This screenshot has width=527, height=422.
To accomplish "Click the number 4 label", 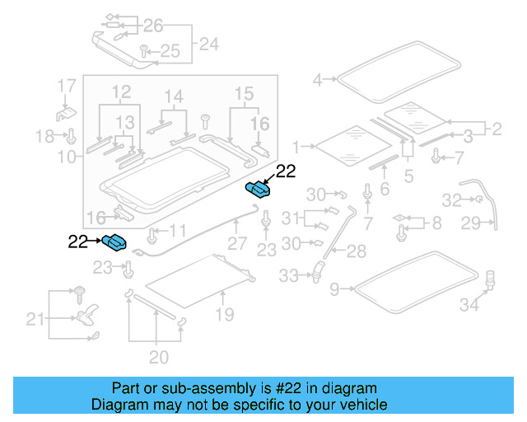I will tap(318, 79).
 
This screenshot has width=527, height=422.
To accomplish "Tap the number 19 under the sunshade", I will tap(224, 314).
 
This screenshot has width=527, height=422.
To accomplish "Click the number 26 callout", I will tap(154, 25).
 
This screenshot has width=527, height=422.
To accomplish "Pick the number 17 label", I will tap(66, 85).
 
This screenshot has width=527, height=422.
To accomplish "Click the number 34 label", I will tap(469, 306).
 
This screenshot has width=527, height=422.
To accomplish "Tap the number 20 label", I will tap(158, 357).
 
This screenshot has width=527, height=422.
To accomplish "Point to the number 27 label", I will tap(237, 244).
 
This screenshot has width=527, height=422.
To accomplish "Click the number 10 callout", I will tap(68, 155).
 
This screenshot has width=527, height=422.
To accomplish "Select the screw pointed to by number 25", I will tap(143, 52).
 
